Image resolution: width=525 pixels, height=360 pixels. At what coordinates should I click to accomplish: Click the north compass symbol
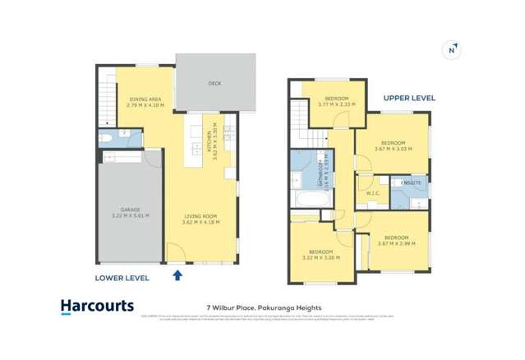pos(450,49)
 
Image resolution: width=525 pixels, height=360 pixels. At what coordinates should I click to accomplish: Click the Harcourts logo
pos(97,307)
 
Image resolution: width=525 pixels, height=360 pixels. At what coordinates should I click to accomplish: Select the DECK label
pos(215,84)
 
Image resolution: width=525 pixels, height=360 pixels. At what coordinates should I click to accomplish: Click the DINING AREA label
pos(145,99)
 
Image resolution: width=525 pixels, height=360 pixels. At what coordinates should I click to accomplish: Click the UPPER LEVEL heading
pos(409,98)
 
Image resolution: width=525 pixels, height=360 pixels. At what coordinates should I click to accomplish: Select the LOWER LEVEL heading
pos(122,278)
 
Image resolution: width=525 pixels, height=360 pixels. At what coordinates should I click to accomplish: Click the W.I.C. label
pos(371,195)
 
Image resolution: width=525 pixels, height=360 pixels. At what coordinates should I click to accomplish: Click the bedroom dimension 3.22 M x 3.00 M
pos(320,257)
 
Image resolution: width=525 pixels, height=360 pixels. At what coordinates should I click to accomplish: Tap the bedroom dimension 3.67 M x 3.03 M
pos(394,148)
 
